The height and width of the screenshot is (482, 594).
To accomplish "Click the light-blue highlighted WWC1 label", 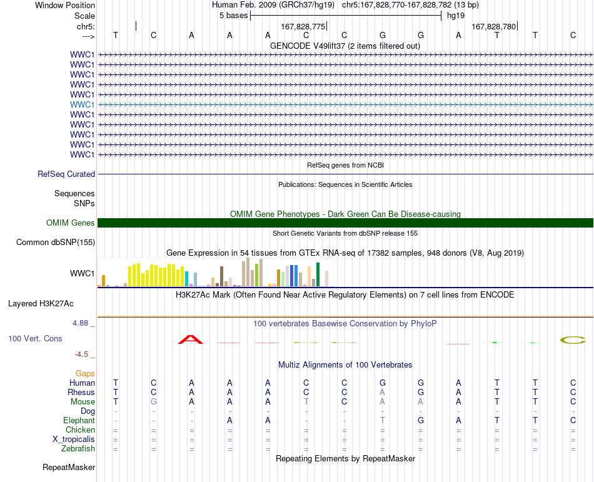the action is click(82, 104).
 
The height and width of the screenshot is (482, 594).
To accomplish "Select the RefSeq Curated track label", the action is click(66, 174).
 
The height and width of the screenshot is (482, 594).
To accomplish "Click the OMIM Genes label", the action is click(71, 223).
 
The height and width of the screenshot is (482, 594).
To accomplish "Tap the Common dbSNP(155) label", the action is click(56, 243).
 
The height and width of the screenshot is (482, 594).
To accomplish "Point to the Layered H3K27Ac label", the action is click(41, 304).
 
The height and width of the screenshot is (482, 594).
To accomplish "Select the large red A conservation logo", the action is click(191, 339).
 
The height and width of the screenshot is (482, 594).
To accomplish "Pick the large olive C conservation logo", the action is click(573, 340).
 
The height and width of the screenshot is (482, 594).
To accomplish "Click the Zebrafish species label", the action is click(78, 449).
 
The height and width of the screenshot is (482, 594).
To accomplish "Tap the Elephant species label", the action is click(79, 421).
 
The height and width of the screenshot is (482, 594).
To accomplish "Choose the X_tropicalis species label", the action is click(74, 439).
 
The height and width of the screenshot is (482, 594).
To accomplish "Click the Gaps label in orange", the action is click(85, 374).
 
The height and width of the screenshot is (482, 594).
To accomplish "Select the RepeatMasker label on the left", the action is click(69, 467).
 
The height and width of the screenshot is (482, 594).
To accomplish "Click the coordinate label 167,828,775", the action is click(303, 26).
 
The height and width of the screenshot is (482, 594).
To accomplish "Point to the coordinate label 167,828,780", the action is click(493, 26).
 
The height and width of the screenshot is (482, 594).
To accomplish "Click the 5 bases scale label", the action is click(233, 16).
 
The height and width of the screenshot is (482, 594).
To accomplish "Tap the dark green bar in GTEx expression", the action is click(318, 274).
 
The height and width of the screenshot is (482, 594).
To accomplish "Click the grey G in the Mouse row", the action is click(153, 402).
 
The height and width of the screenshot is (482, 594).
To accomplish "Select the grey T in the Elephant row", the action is click(383, 421).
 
